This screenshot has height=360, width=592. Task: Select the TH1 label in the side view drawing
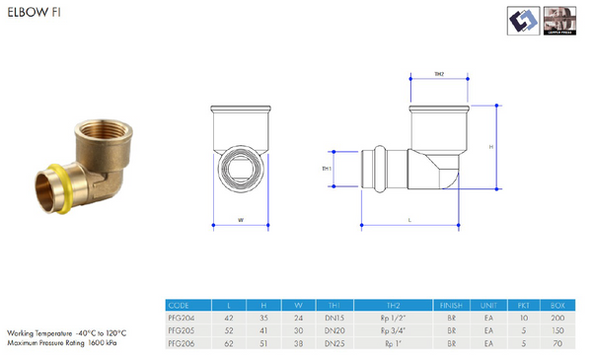(x=326, y=170)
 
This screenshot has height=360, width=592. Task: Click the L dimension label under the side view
(x=409, y=222)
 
